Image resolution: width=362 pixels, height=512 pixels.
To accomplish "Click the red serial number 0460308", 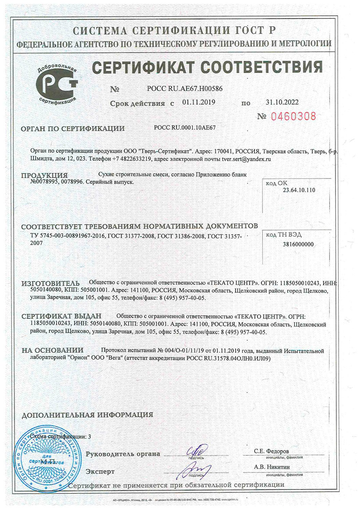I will (293, 116).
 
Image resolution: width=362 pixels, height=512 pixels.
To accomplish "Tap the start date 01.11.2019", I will (199, 102).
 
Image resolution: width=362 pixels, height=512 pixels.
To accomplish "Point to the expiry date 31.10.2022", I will (282, 102).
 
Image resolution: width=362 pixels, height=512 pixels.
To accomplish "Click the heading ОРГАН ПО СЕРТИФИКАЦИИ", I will (73, 129).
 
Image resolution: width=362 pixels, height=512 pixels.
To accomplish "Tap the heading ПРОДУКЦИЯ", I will (44, 175).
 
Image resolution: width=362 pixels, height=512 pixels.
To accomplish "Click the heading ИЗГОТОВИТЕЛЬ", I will (50, 283).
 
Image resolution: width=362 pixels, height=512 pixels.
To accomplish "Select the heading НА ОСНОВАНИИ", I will (53, 350).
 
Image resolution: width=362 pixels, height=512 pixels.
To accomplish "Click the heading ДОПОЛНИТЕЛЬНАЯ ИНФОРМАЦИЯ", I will (87, 415).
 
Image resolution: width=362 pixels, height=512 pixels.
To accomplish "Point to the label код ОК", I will (276, 183).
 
